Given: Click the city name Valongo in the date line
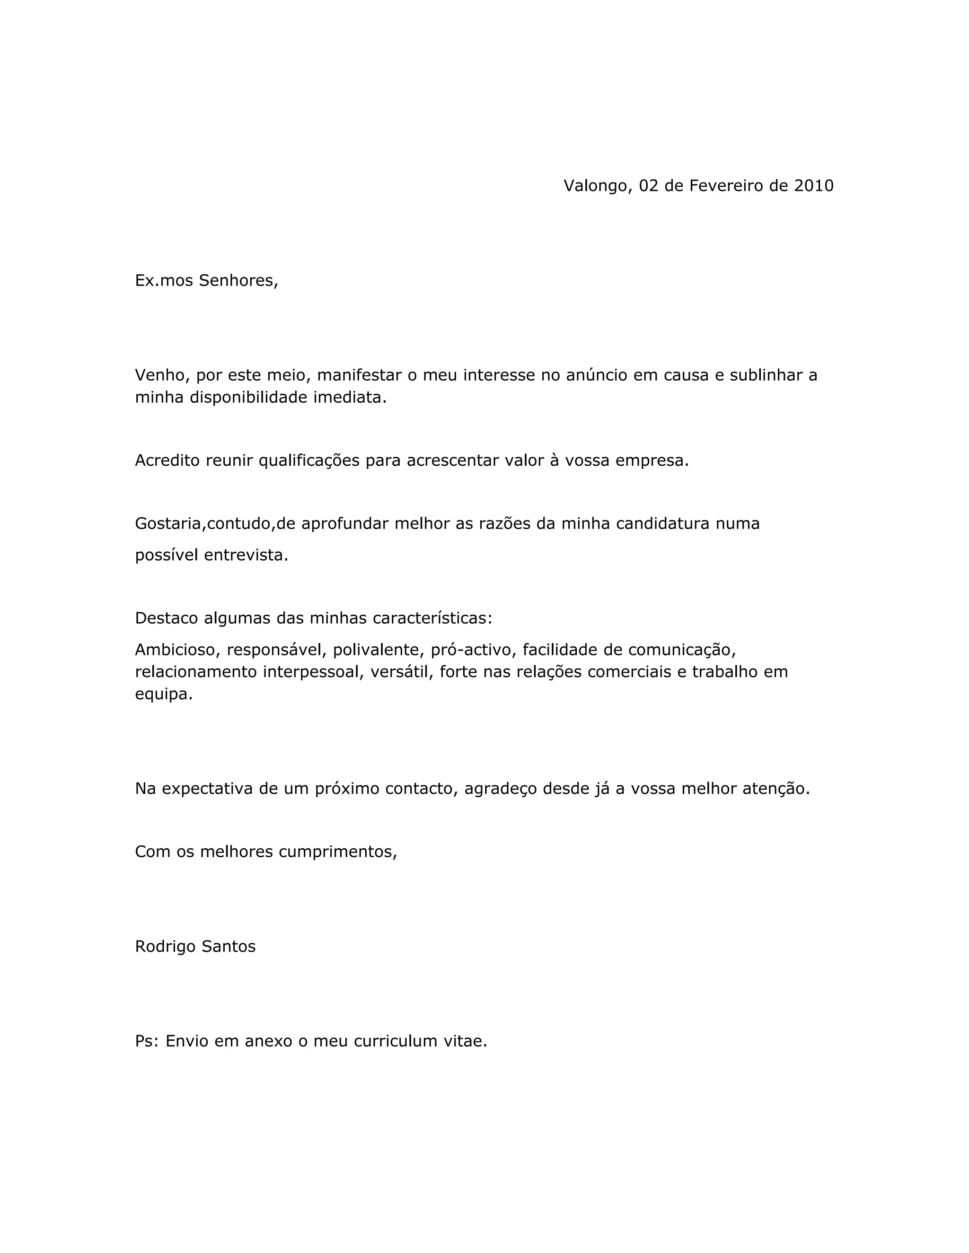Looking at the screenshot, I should point(597,186).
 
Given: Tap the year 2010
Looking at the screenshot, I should point(813,186).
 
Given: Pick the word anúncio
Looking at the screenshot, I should point(596,375).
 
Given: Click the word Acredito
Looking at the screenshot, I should point(167,460).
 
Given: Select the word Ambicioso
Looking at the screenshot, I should point(177,650).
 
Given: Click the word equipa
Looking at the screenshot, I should point(164,694).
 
